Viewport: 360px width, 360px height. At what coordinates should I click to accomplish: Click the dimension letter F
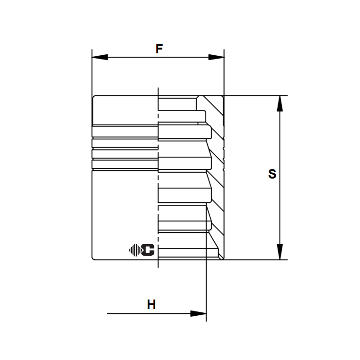tap(160, 49)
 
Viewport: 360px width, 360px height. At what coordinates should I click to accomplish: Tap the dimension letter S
tap(272, 174)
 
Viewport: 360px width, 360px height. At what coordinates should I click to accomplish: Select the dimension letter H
tap(151, 305)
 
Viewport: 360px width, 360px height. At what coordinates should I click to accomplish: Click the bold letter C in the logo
tap(149, 250)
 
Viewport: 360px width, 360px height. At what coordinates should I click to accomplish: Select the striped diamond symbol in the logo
tap(135, 250)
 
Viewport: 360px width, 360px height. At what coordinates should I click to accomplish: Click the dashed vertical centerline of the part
tap(158, 190)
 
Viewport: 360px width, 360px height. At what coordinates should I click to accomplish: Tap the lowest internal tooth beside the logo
tap(189, 252)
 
